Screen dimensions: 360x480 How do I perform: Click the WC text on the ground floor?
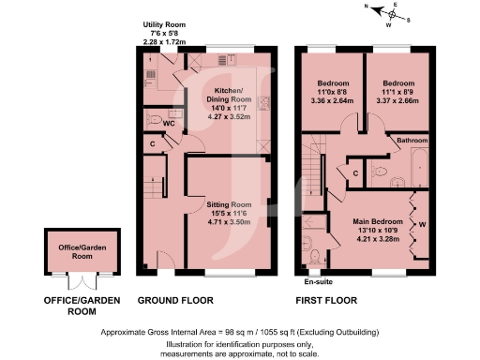pyautogui.click(x=170, y=121)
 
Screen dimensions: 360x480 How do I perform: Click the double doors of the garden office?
pyautogui.click(x=80, y=280)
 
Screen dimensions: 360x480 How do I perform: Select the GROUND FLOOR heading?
pyautogui.click(x=175, y=301)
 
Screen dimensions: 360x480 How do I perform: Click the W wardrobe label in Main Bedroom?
pyautogui.click(x=423, y=225)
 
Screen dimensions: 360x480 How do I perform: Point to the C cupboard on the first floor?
pyautogui.click(x=356, y=172)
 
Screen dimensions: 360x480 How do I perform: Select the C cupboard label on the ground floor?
pyautogui.click(x=152, y=143)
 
